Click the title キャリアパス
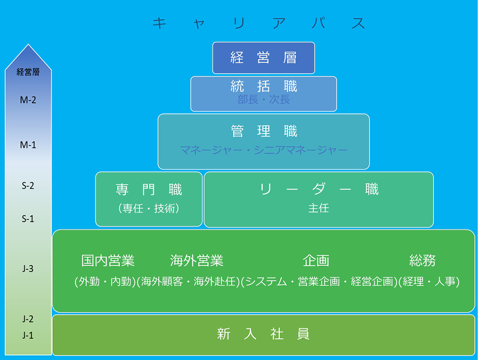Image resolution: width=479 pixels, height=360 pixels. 259,23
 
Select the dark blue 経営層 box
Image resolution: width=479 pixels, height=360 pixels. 264,58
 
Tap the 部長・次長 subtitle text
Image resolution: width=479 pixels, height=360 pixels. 264,100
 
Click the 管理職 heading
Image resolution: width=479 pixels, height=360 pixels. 264,131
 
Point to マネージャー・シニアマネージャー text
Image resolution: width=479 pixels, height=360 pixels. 264,150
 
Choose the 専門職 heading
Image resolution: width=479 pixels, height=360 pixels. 149,189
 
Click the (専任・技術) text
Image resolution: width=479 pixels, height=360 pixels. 149,208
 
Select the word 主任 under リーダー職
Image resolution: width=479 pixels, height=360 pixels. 319,208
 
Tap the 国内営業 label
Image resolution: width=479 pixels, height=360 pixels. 108,260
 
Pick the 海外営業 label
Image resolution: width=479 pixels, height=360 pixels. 197,260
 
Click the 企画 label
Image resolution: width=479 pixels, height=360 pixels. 316,260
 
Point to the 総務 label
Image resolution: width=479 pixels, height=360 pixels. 422,260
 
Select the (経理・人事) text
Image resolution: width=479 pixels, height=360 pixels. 429,281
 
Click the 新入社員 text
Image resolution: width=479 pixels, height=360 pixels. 263,334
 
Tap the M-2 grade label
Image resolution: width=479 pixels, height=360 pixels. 28,100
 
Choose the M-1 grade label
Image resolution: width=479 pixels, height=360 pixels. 28,145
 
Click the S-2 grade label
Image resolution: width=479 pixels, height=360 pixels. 28,186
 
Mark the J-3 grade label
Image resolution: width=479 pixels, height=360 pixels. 28,269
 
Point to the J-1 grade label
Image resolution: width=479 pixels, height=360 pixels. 28,335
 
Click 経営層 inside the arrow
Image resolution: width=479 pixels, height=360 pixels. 28,72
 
